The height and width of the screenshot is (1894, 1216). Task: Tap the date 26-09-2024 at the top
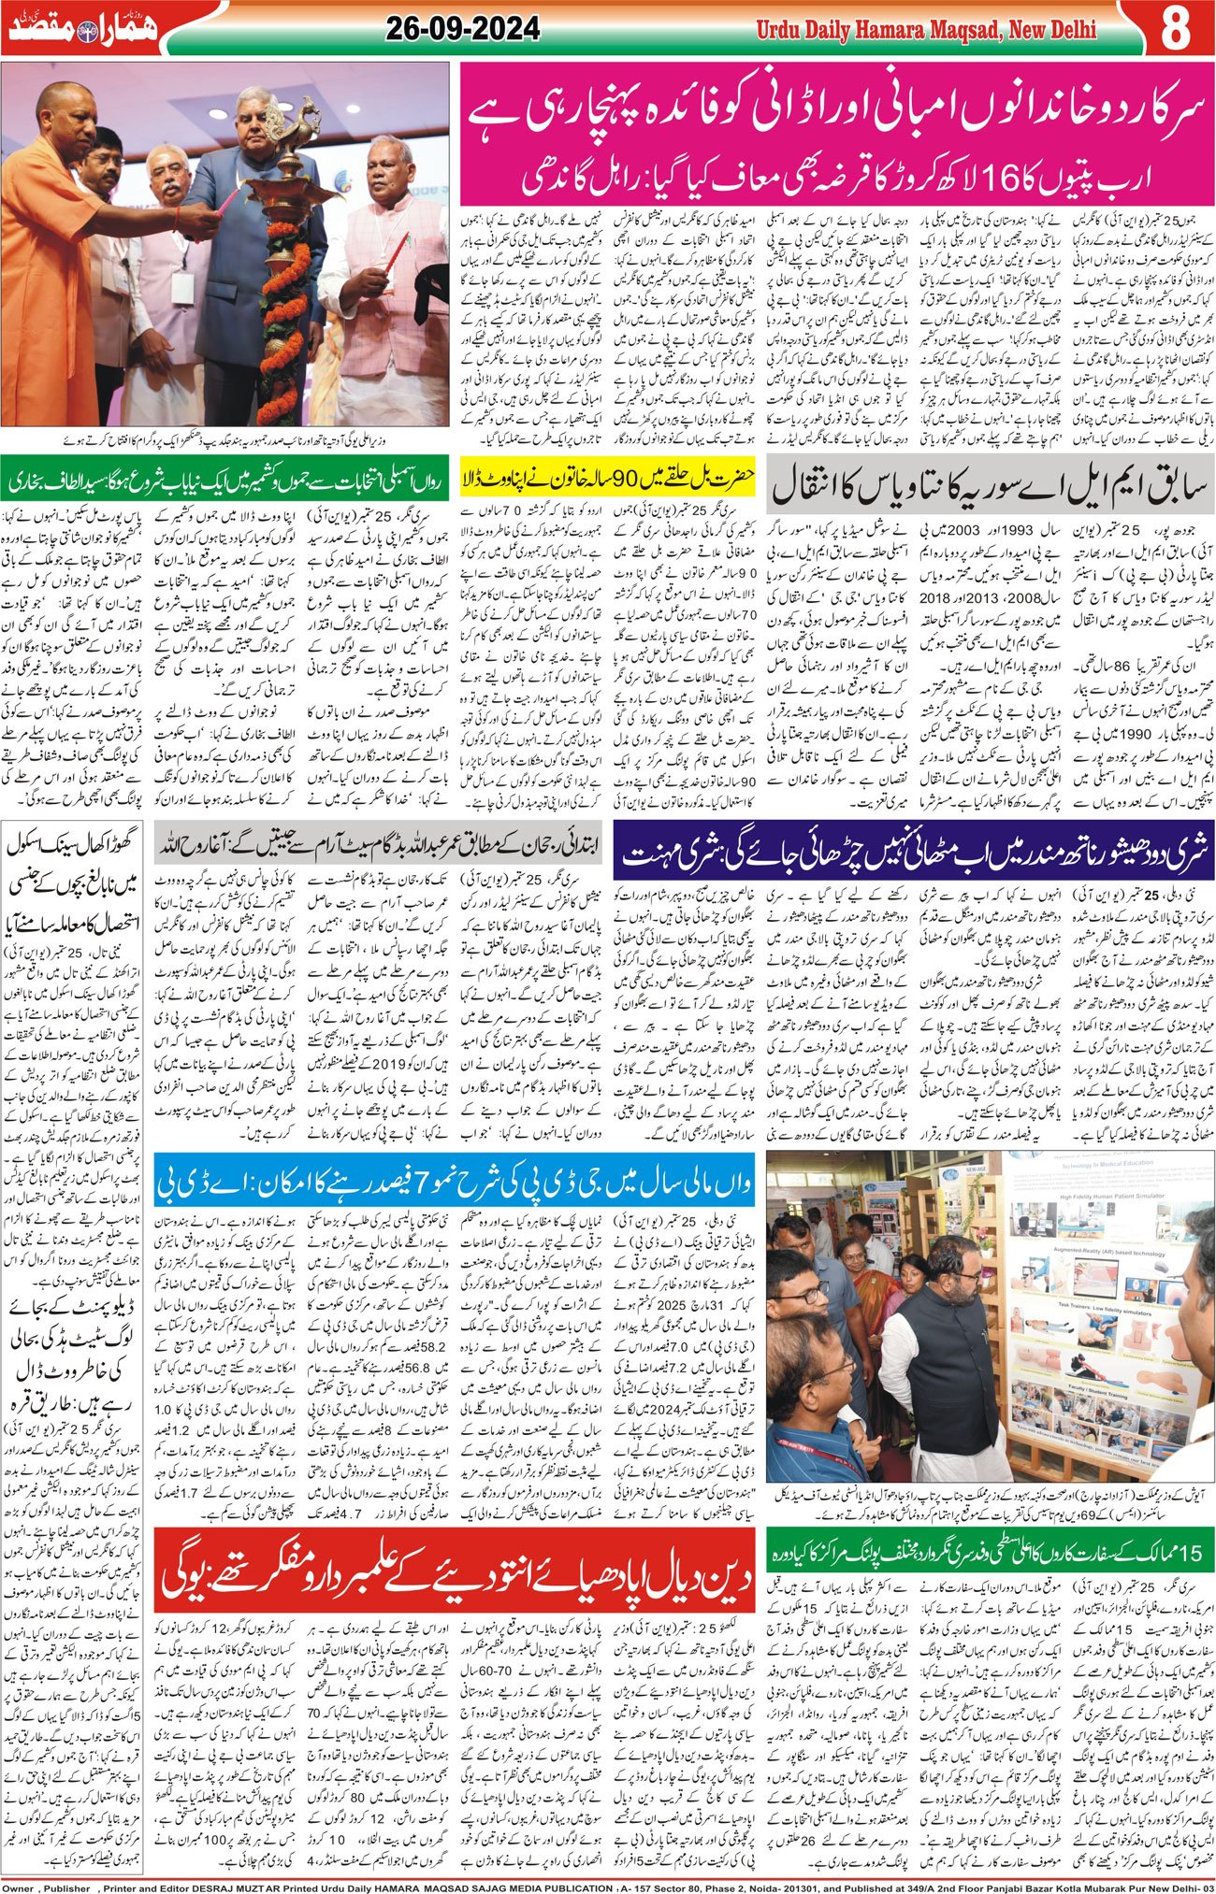click(x=462, y=30)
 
